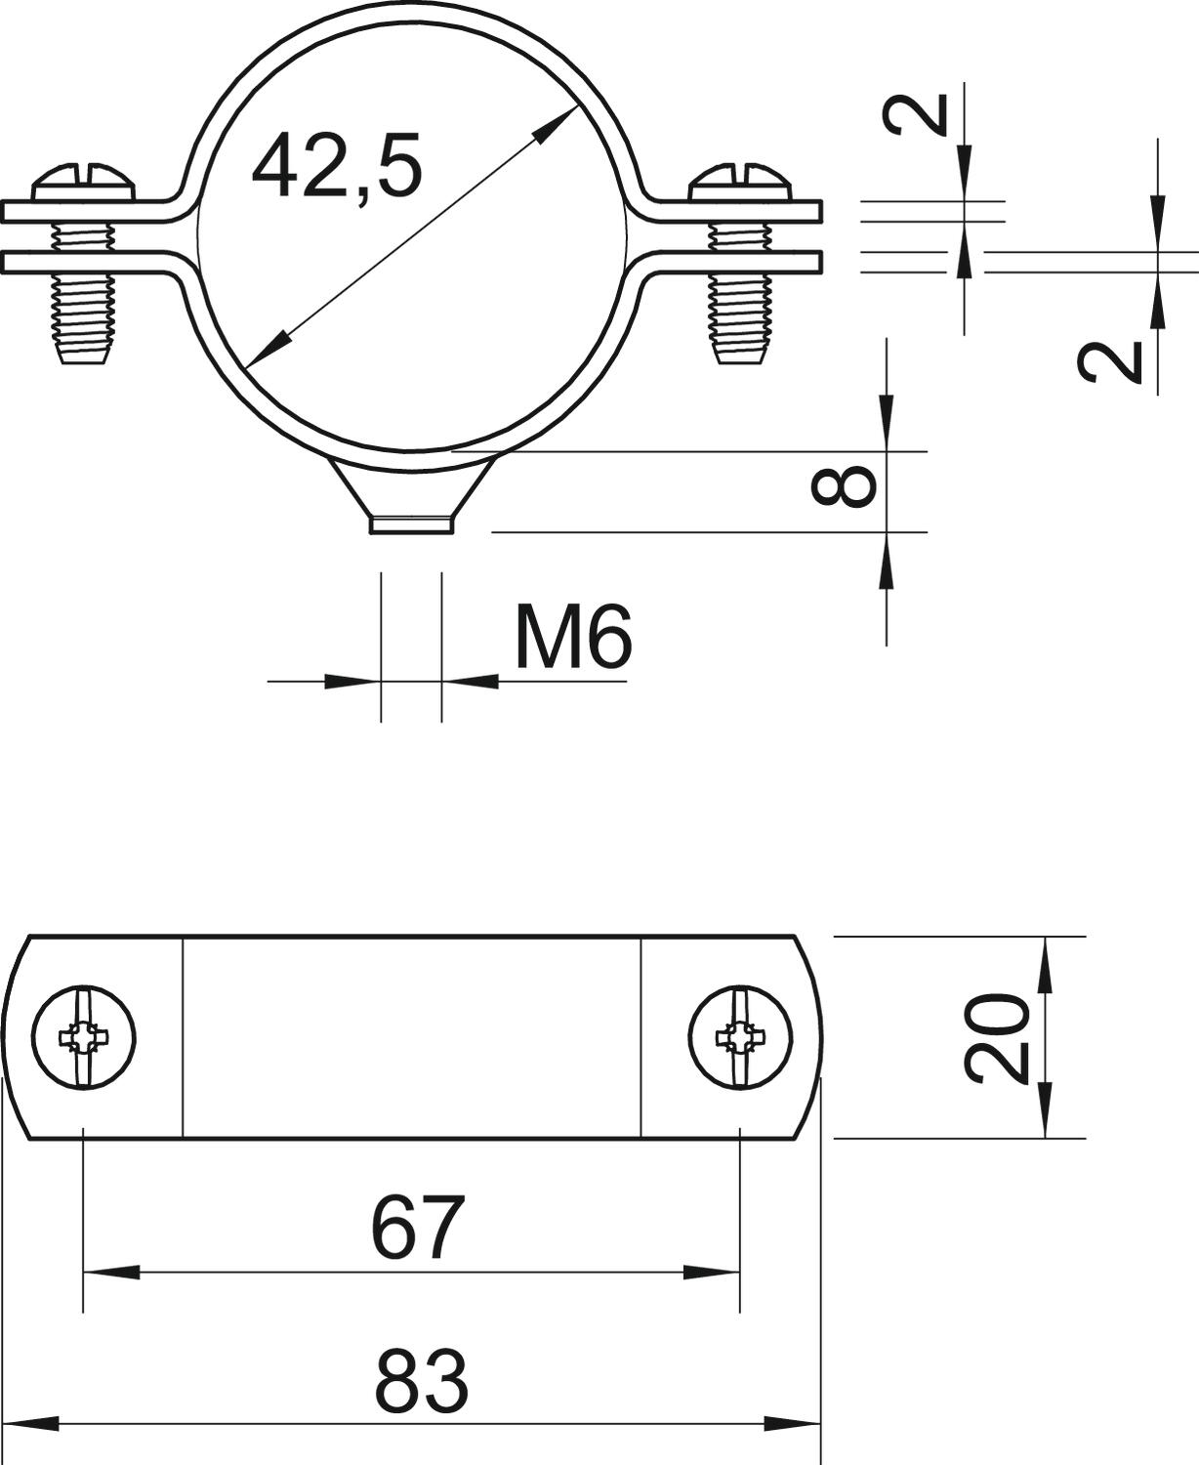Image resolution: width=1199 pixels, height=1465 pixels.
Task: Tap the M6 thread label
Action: point(573,636)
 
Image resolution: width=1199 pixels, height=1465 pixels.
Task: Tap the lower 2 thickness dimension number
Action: point(1110,362)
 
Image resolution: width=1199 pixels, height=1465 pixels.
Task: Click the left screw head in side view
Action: point(83,183)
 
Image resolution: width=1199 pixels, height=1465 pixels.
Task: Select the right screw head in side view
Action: point(741,183)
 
